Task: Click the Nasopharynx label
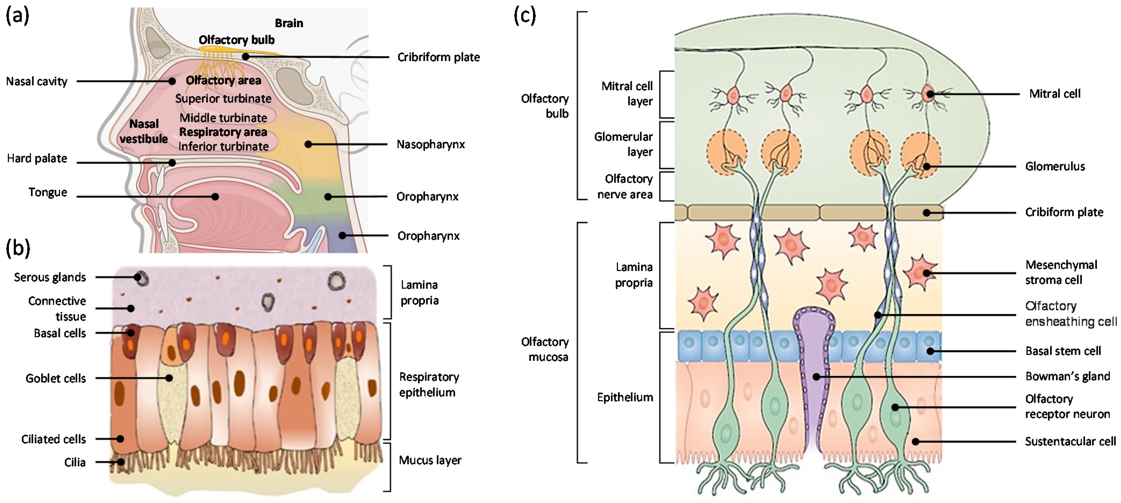(430, 144)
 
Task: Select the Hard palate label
(37, 158)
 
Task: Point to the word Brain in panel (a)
(289, 23)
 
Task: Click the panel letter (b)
(18, 248)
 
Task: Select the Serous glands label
(50, 277)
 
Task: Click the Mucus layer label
(430, 460)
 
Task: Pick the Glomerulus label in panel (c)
(1055, 166)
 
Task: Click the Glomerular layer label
(624, 144)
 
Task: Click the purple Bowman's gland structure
(812, 348)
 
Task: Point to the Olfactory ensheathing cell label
(1070, 314)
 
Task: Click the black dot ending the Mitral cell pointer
(930, 94)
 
